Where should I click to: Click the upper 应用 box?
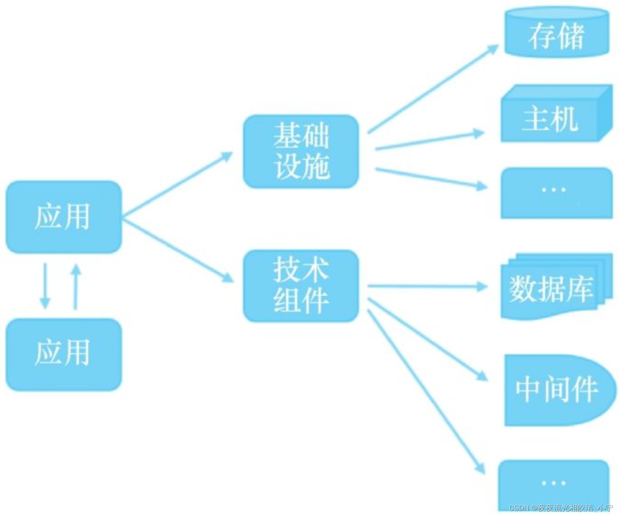point(64,217)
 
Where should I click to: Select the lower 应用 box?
point(64,354)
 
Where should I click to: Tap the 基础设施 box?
point(301,152)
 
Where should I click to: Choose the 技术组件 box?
point(301,286)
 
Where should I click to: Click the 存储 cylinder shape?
point(557,34)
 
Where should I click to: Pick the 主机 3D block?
point(555,115)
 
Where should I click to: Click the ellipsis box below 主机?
point(556,193)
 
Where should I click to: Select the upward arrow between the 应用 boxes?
point(76,286)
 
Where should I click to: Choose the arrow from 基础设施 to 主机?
point(429,141)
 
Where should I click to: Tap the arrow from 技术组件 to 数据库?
point(427,286)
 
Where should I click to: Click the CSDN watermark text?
point(561,508)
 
